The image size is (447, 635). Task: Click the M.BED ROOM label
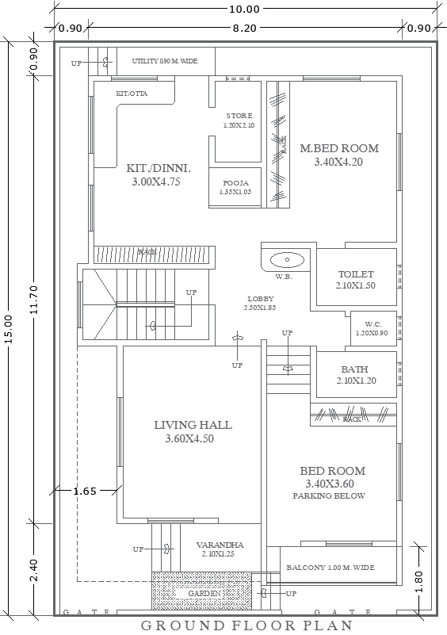coord(338,148)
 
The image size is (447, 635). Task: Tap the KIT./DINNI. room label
coord(154,168)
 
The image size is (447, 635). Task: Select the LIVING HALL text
coord(193,425)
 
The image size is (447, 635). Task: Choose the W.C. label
coord(373,324)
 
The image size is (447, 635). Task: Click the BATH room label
coord(354,369)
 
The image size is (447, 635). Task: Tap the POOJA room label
coord(235,182)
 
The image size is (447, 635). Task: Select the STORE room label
coord(239,116)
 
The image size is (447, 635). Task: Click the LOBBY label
coord(260,299)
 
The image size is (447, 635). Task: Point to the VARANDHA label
coord(222,545)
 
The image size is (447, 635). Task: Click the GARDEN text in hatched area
coord(204,594)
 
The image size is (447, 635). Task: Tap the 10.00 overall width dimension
coord(244,10)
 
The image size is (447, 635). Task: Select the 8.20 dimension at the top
coord(244,29)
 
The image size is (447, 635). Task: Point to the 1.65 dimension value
coord(84,491)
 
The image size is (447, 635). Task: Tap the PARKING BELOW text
coord(328,496)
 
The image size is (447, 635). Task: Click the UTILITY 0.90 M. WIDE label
coord(164,60)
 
